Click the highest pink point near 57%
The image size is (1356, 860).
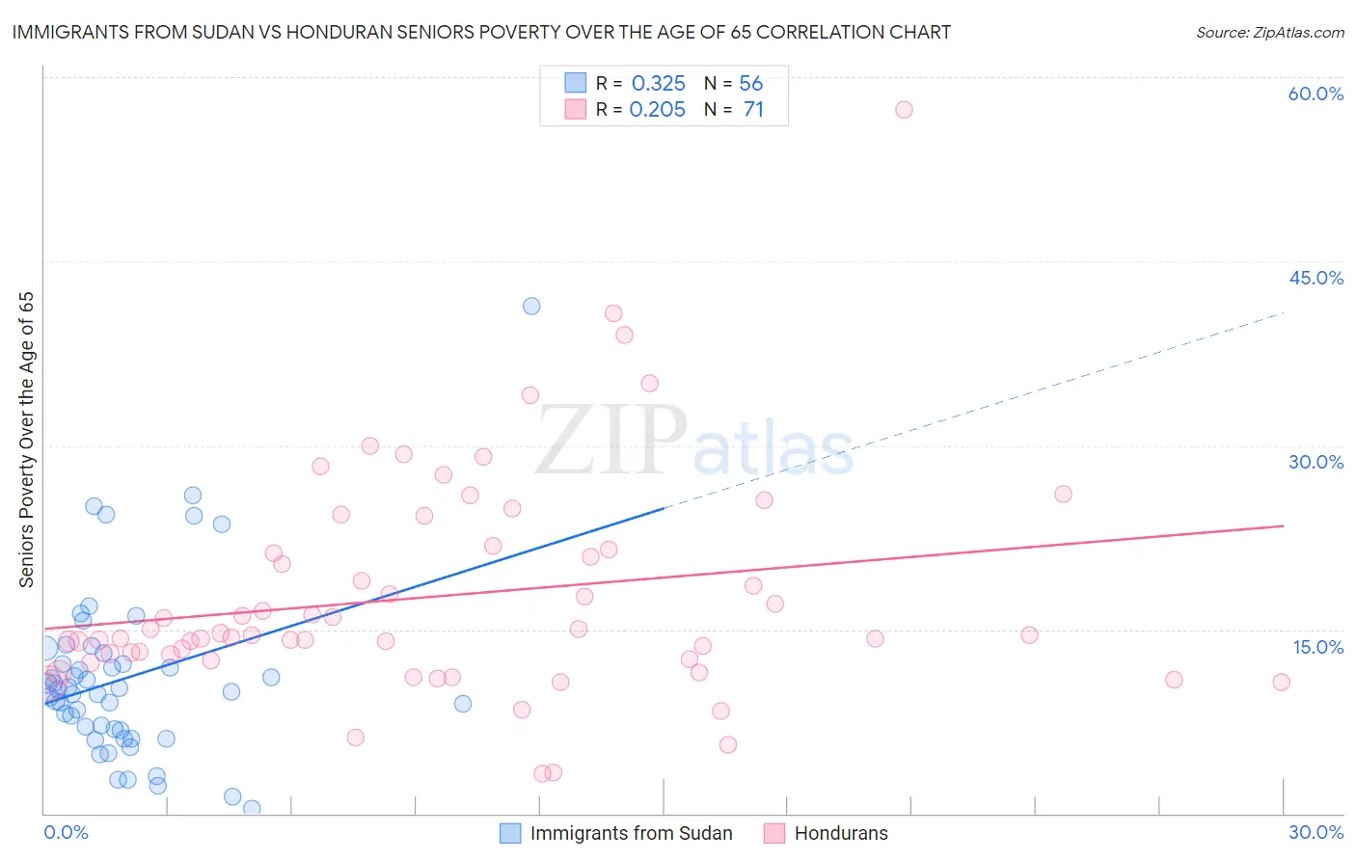click(x=904, y=110)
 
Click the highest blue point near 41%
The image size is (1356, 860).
click(x=531, y=307)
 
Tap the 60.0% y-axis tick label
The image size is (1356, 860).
click(x=1315, y=94)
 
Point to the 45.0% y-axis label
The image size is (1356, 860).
click(x=1315, y=278)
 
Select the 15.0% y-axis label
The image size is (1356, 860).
click(x=1317, y=647)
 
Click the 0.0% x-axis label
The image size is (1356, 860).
click(x=66, y=832)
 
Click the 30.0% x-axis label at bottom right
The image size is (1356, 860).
click(x=1315, y=832)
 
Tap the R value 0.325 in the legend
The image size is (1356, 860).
click(x=658, y=83)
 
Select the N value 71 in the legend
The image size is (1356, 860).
click(x=753, y=110)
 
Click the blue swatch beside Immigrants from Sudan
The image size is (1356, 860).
click(x=510, y=833)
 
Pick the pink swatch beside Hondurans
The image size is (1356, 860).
click(x=773, y=833)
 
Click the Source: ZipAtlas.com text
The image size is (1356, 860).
click(x=1269, y=33)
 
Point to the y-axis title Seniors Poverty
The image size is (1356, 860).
click(x=26, y=440)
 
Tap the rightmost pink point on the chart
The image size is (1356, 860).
click(x=1281, y=683)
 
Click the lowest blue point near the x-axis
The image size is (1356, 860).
click(x=252, y=808)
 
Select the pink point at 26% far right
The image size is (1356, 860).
click(x=1063, y=495)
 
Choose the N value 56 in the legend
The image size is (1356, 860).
click(x=750, y=83)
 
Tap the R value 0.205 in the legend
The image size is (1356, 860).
click(x=658, y=110)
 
